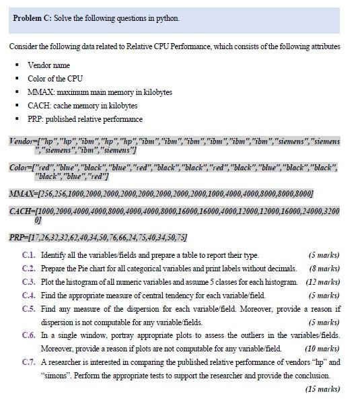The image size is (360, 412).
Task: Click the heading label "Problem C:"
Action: (32, 18)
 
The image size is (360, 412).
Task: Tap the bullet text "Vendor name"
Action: (49, 65)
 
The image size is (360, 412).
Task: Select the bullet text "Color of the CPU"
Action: (55, 78)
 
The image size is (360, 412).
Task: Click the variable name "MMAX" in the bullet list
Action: (37, 92)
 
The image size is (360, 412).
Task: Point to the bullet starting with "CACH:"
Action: (82, 106)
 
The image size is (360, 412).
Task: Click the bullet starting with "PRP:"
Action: (85, 119)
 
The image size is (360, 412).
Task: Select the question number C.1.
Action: (28, 255)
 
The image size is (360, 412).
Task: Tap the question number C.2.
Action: (28, 269)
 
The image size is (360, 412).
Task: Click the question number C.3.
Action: (28, 281)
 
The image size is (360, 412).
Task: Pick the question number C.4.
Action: (28, 295)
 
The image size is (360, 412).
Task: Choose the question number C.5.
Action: (28, 308)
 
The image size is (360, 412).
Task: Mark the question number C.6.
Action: (28, 335)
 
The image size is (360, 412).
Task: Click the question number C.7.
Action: (28, 362)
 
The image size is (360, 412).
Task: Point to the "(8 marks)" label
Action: (324, 269)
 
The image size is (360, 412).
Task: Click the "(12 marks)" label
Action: (322, 281)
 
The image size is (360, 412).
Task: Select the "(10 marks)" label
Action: (322, 348)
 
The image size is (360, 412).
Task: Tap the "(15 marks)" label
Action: (322, 388)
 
